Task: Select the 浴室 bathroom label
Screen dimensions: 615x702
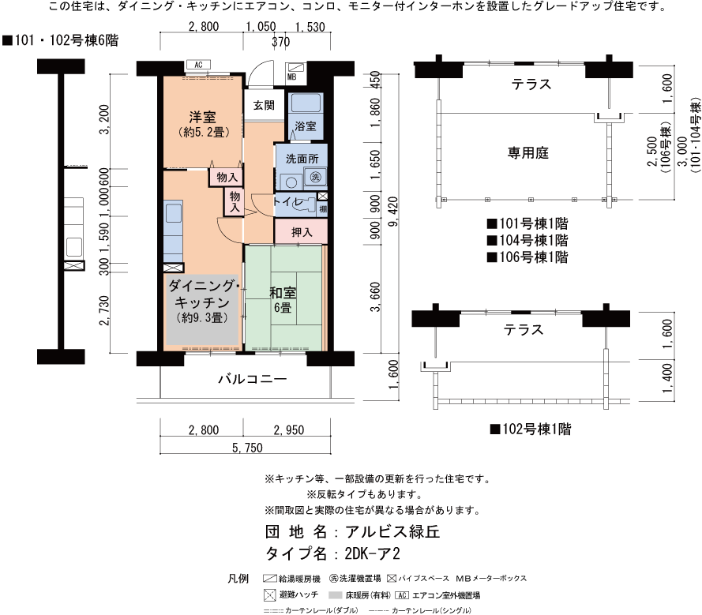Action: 306,126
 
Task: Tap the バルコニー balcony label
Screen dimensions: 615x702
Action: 252,379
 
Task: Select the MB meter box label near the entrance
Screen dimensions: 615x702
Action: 291,77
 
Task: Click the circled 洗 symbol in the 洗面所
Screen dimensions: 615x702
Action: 316,177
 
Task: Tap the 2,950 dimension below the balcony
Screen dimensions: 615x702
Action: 288,430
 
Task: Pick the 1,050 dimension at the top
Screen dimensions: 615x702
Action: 261,28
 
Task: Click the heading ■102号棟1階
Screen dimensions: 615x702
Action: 530,429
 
